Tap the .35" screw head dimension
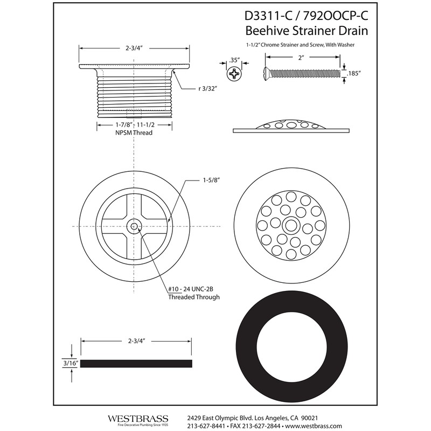click(233, 61)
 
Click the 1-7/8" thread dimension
click(112, 124)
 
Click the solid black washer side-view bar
click(136, 363)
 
